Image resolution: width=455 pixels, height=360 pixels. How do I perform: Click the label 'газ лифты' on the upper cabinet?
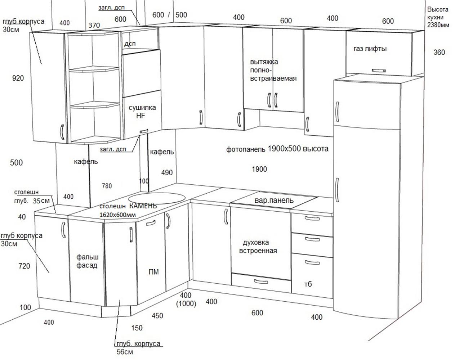(370, 49)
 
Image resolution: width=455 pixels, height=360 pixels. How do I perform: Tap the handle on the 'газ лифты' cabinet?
(379, 71)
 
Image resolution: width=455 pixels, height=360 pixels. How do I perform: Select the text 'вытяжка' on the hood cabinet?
(264, 62)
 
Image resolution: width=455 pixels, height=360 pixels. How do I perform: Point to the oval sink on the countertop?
(157, 198)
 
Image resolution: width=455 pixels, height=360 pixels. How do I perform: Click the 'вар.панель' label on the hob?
(274, 200)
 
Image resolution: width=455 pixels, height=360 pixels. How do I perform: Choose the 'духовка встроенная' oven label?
(258, 247)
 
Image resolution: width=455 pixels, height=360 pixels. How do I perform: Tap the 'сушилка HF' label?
(142, 111)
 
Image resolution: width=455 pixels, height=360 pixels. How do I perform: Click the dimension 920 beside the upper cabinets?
(18, 78)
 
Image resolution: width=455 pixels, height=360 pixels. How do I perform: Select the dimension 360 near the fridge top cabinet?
(439, 52)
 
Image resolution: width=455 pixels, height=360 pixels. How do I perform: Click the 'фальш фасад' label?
(87, 261)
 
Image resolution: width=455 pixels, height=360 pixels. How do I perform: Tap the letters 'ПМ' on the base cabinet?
(153, 272)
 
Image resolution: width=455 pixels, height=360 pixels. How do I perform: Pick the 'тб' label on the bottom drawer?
(308, 284)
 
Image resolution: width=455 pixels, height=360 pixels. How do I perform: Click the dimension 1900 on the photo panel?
(259, 169)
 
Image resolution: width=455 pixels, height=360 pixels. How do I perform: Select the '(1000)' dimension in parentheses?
(186, 304)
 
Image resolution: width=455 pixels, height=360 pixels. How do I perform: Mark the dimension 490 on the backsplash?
(167, 172)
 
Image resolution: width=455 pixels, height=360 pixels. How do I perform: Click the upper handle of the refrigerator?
(337, 112)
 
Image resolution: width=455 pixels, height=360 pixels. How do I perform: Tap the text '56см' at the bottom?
(125, 352)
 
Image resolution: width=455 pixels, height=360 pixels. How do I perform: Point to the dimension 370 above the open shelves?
(94, 25)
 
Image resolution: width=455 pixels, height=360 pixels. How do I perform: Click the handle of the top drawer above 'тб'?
(312, 218)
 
